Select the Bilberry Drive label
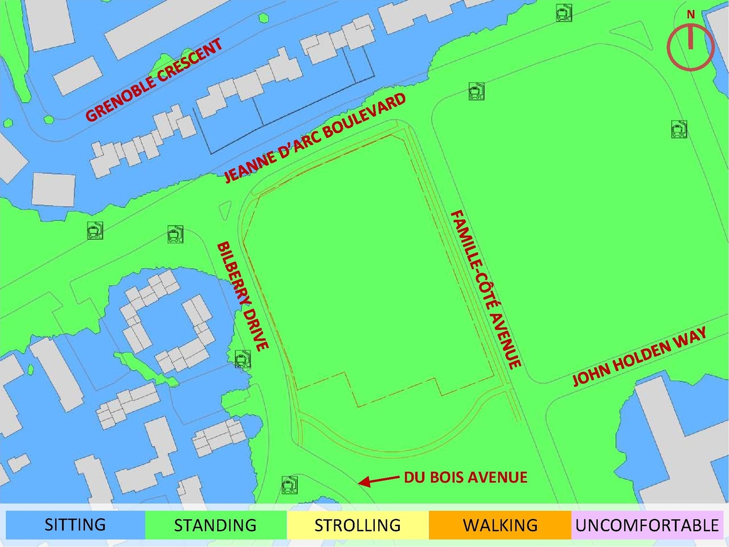click(242, 297)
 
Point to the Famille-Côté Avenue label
click(486, 289)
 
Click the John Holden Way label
click(640, 356)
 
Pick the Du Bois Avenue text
click(465, 477)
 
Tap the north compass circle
click(690, 48)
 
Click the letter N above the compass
click(690, 15)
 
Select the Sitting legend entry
click(75, 524)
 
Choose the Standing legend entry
click(215, 524)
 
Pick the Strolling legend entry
click(358, 524)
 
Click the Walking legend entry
click(500, 524)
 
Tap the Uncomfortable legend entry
click(647, 524)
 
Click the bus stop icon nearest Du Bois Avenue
click(289, 485)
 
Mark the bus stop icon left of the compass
click(563, 13)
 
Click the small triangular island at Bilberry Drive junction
click(225, 210)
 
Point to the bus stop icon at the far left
click(95, 231)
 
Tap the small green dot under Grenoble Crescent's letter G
click(48, 120)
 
